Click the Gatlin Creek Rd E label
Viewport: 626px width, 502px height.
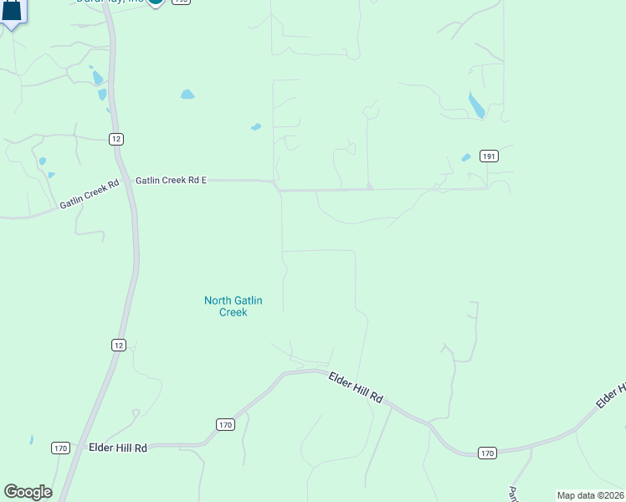[x=171, y=180]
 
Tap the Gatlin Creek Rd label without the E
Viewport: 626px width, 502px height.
[x=90, y=194]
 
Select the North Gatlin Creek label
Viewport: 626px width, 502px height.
[x=226, y=306]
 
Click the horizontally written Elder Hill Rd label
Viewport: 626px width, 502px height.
[x=117, y=448]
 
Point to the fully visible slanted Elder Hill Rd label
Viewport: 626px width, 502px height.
[x=356, y=387]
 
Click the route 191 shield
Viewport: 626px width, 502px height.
[x=490, y=156]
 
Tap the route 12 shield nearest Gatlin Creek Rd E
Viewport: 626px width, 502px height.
[x=116, y=139]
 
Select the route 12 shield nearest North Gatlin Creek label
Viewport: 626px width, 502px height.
[x=119, y=344]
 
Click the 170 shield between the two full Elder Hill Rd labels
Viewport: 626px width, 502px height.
[x=224, y=425]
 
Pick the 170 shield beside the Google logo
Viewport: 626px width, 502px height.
[x=59, y=448]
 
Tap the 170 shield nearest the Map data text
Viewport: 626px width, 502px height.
[x=488, y=453]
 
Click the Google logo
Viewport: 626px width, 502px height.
[x=28, y=492]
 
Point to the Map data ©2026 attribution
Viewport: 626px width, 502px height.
[x=590, y=495]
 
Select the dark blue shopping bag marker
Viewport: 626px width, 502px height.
[x=11, y=10]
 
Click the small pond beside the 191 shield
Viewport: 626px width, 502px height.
[x=466, y=157]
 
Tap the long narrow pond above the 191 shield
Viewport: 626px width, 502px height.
[x=475, y=105]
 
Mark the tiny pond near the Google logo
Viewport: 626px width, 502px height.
[x=31, y=439]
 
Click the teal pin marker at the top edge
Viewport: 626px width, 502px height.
[x=155, y=3]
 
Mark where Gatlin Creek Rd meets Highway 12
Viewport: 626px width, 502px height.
[x=126, y=179]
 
